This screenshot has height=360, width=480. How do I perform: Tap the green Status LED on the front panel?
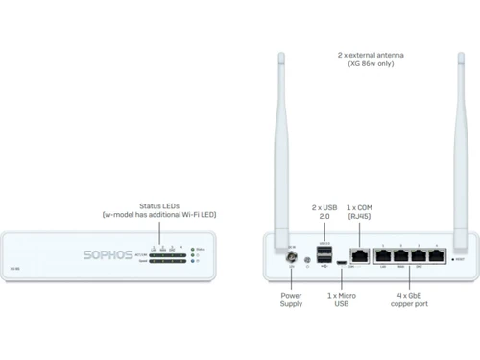pyautogui.click(x=192, y=250)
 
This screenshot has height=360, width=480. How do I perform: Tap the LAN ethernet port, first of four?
pyautogui.click(x=385, y=256)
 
